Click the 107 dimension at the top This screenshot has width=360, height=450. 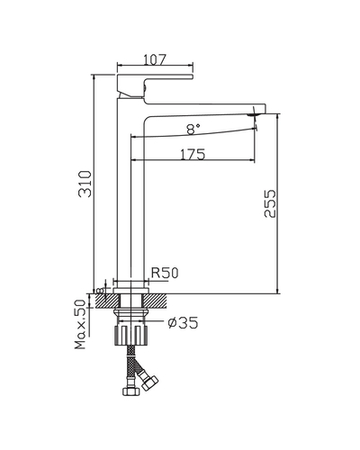point(156,60)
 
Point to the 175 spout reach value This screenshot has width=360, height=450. point(192,154)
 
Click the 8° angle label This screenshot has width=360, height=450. point(193,129)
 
